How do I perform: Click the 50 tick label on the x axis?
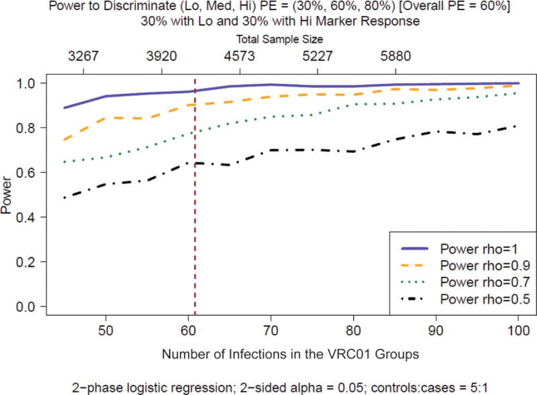tap(105, 332)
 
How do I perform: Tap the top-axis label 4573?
tap(240, 56)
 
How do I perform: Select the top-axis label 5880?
tap(395, 56)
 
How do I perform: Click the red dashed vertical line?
tap(195, 201)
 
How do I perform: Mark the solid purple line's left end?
tap(64, 107)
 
